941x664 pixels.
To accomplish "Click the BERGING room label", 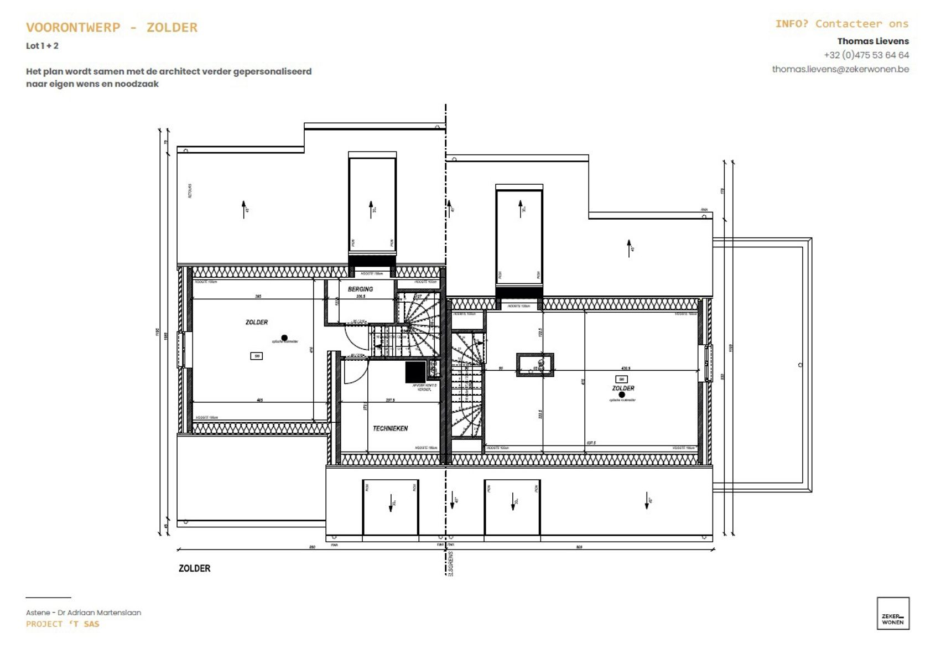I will pos(360,289).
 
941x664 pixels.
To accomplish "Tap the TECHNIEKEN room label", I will pos(390,428).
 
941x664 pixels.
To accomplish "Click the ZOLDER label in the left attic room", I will pos(257,322).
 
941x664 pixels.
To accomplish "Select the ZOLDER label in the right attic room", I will pos(623,388).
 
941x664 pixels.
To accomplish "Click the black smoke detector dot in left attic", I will pos(284,338).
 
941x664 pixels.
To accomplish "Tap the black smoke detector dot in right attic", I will pos(622,395).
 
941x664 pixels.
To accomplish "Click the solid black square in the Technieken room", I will pos(415,372).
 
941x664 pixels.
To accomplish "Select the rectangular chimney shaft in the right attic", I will pos(535,365).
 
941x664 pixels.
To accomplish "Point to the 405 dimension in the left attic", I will pos(260,400).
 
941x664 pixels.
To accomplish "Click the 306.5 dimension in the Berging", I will pos(361,297).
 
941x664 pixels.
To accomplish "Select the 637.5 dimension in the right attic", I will pos(591,443).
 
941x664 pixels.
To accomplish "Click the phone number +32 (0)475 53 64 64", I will pos(866,55).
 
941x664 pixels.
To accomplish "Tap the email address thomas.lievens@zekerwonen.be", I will pos(840,69).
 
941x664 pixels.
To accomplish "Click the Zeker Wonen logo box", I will pos(892,613).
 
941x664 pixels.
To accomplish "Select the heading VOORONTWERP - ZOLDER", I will pos(112,27).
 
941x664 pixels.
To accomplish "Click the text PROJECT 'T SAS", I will pos(63,624).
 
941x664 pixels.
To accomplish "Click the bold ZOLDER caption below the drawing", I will pos(194,568).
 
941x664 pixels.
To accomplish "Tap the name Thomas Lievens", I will pos(872,41).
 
